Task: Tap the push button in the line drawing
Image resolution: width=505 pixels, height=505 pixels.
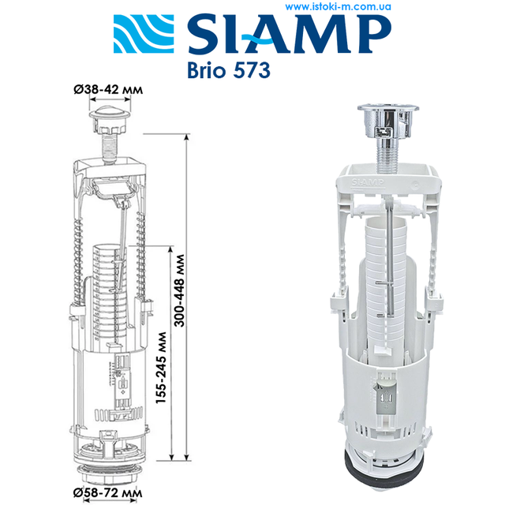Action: pos(108,121)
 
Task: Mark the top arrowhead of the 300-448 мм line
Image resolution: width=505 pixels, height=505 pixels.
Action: pos(187,138)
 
